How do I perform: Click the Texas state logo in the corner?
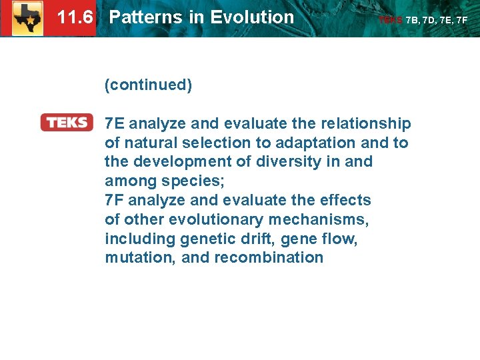click(x=27, y=18)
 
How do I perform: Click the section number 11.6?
click(x=75, y=17)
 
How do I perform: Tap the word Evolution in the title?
click(x=253, y=17)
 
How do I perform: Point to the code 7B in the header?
click(x=413, y=20)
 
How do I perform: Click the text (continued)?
click(x=148, y=85)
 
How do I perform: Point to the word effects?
click(x=346, y=200)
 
